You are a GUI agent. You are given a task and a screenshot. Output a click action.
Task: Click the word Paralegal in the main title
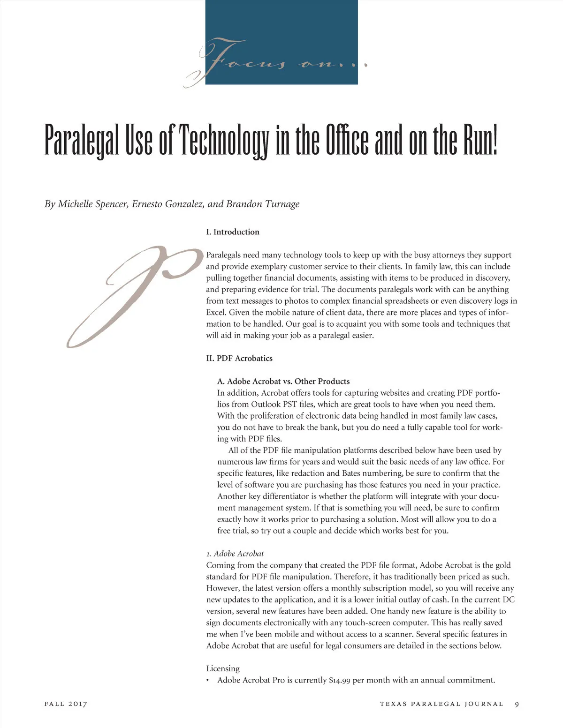click(82, 141)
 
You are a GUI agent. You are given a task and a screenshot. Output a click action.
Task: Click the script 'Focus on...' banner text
click(277, 61)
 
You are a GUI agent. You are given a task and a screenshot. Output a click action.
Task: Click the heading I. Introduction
click(233, 232)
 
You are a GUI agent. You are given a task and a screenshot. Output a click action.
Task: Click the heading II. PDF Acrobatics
click(239, 358)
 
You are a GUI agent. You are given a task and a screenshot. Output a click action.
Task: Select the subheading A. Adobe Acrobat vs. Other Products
click(283, 381)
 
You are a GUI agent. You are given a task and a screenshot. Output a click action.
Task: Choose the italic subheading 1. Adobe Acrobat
click(235, 554)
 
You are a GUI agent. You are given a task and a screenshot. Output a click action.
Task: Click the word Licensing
click(223, 668)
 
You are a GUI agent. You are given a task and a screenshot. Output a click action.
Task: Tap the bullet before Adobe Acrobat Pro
click(208, 681)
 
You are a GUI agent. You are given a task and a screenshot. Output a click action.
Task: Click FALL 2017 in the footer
click(66, 704)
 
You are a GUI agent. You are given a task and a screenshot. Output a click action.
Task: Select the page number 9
click(517, 704)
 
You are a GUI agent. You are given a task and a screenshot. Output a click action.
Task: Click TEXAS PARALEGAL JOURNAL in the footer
click(441, 704)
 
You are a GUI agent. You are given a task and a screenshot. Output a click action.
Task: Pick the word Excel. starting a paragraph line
click(216, 313)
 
